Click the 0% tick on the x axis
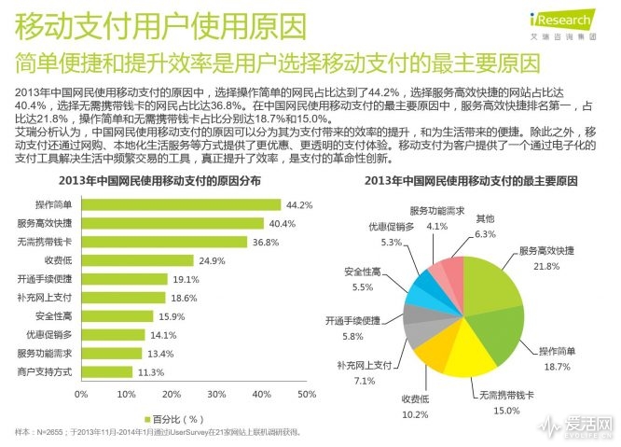(81, 394)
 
